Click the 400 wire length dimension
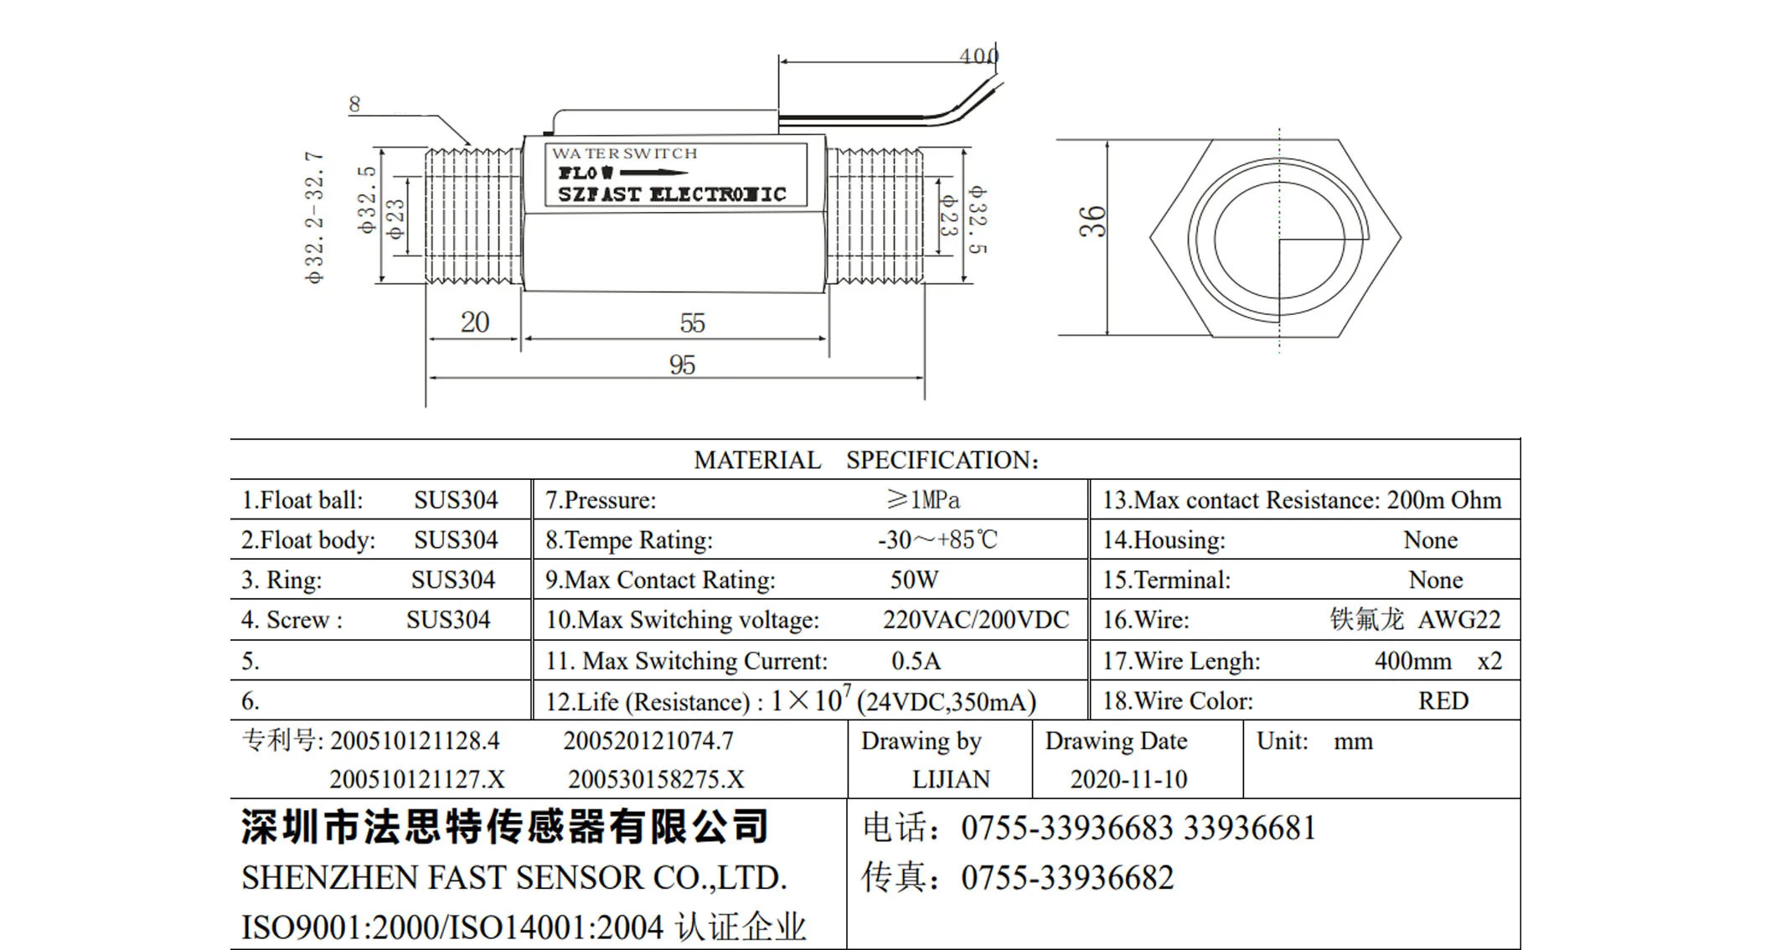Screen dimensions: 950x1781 coord(978,55)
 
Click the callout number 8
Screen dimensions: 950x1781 coord(354,105)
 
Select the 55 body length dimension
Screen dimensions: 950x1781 coord(692,323)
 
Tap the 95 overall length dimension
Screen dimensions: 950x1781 coord(682,365)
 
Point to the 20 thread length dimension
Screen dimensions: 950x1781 coord(474,323)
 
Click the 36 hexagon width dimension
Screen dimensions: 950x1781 coord(1092,222)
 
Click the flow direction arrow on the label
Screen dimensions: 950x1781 coord(653,173)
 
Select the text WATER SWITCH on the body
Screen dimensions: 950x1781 coord(624,153)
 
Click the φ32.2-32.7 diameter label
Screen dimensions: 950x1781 coord(314,218)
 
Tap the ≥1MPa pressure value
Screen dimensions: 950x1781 coord(923,500)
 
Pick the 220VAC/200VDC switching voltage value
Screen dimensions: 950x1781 coord(975,620)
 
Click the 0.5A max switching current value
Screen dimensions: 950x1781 coord(916,661)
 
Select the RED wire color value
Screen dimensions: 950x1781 coord(1443,701)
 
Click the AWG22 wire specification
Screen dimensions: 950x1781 coord(1458,620)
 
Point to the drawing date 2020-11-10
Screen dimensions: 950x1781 coord(1128,780)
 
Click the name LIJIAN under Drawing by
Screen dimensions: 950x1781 coord(951,780)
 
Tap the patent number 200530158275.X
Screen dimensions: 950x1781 coord(656,780)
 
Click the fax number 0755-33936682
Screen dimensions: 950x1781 coord(1067,878)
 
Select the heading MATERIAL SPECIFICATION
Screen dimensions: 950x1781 coord(866,460)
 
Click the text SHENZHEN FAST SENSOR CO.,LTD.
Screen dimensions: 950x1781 coord(514,878)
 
